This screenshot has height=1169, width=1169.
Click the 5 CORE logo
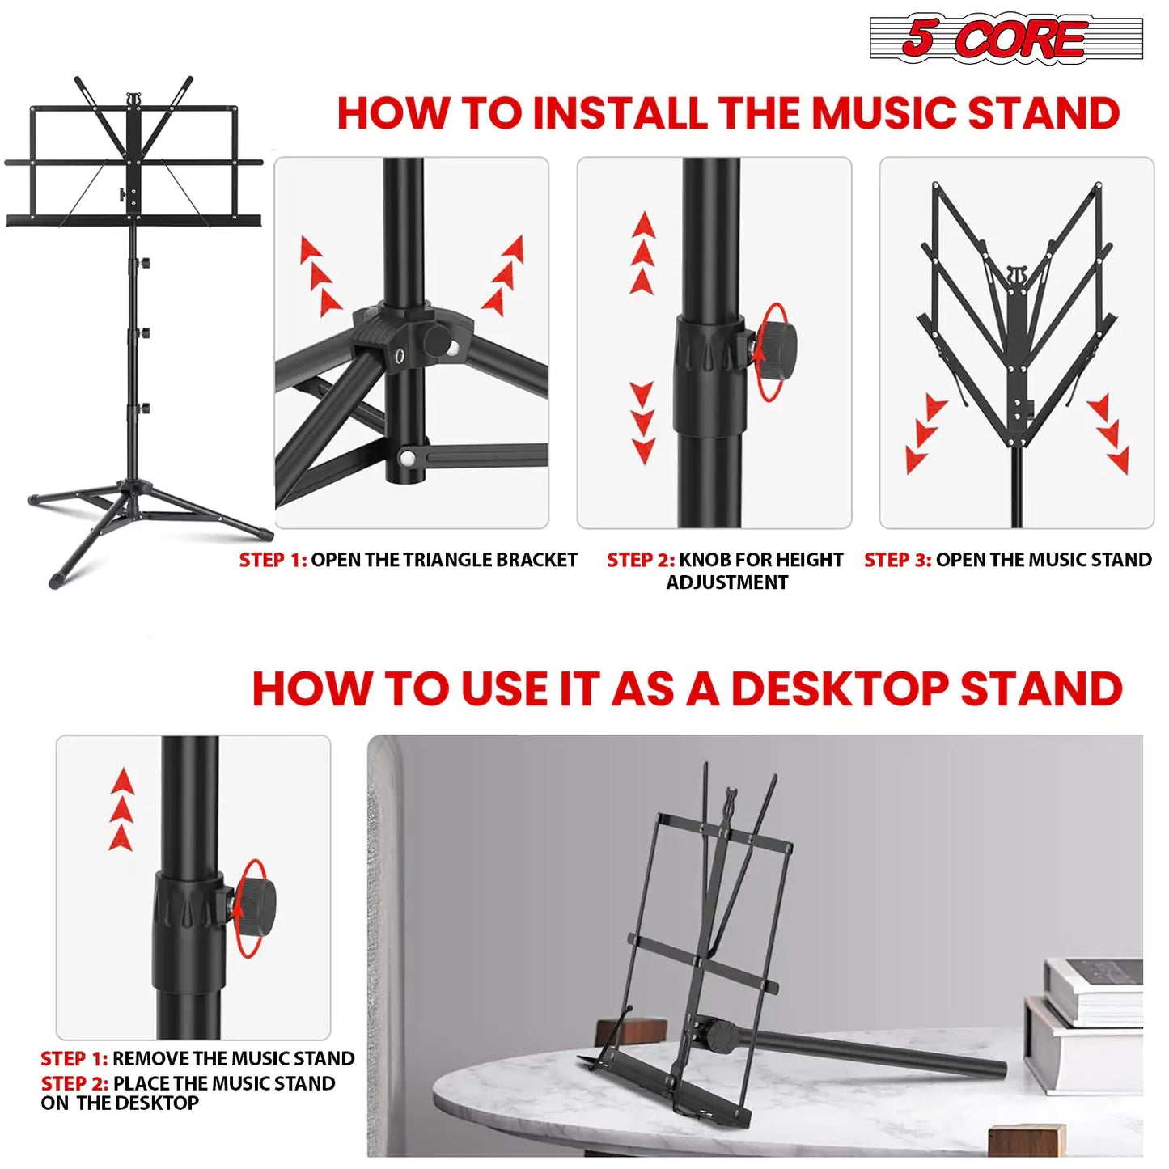coord(1006,37)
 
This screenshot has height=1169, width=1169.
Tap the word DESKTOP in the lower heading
coord(839,689)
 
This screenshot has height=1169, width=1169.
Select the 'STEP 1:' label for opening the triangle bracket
coord(273,560)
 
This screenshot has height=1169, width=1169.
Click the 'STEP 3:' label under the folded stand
coord(897,560)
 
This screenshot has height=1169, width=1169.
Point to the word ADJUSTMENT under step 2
coord(726,582)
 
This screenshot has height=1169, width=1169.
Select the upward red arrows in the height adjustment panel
coord(643,253)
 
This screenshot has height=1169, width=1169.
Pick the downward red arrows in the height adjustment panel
coord(642,423)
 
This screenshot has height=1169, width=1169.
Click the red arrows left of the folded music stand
coord(924,433)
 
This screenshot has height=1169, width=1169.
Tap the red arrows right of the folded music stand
coord(1109,433)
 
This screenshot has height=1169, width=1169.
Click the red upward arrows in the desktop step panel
coord(121,810)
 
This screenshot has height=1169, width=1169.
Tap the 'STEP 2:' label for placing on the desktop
coord(74,1083)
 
